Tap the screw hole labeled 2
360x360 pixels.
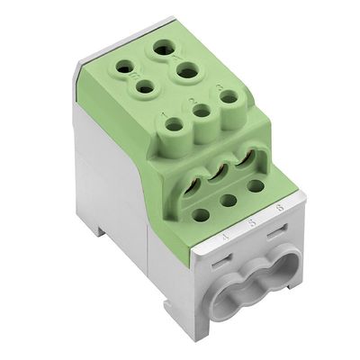click(202, 113)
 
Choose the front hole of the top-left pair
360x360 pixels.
click(142, 88)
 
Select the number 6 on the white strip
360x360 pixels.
click(272, 217)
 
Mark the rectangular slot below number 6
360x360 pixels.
click(276, 229)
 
